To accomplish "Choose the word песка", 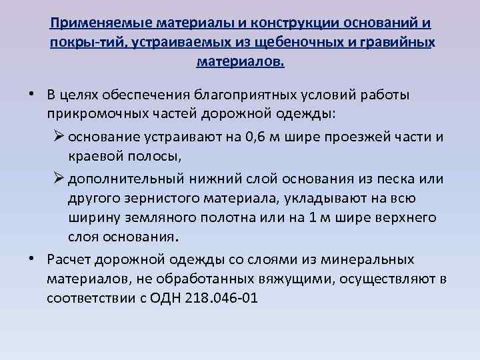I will coord(383,180).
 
